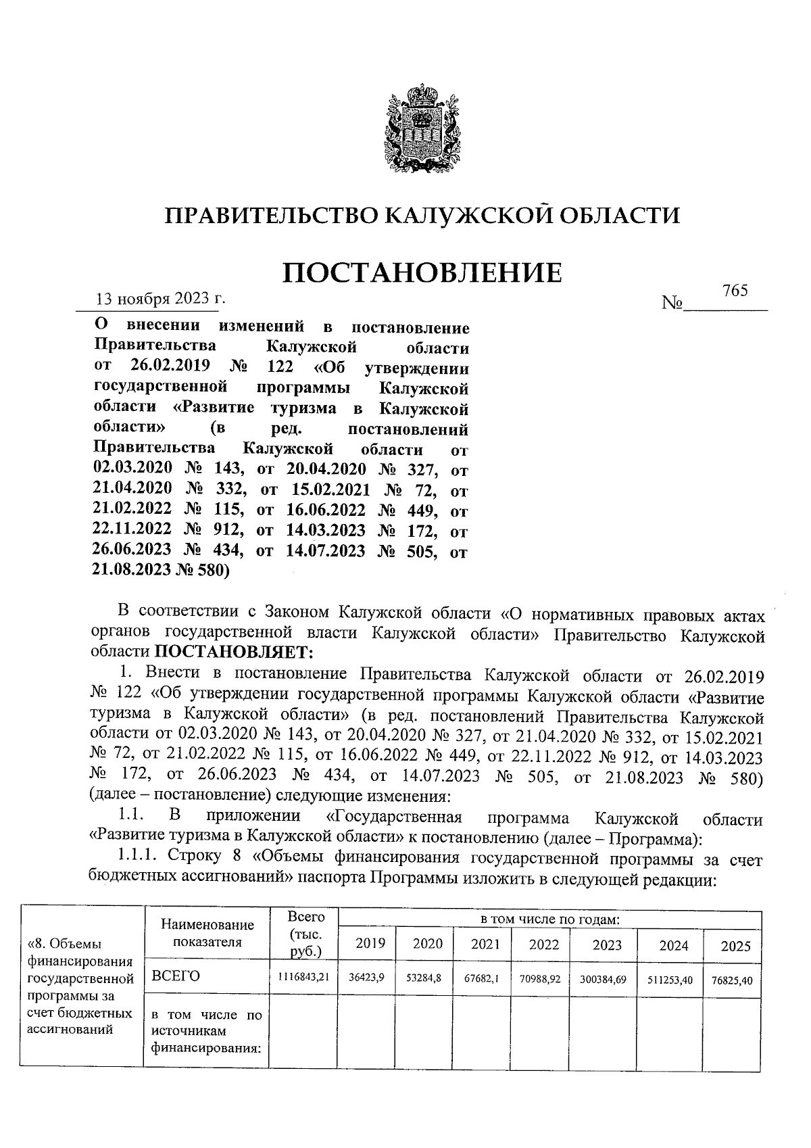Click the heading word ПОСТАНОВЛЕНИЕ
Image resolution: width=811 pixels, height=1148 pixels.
pyautogui.click(x=422, y=272)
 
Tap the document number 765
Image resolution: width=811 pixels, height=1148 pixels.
pyautogui.click(x=735, y=291)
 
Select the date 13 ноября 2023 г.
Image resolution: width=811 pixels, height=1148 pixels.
pyautogui.click(x=160, y=298)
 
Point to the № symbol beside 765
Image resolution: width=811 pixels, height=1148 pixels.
pyautogui.click(x=673, y=303)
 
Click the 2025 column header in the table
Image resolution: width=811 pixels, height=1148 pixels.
pyautogui.click(x=735, y=946)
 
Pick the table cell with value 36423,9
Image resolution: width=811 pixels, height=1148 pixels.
pyautogui.click(x=366, y=977)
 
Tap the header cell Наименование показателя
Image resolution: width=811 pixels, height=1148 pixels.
pyautogui.click(x=207, y=934)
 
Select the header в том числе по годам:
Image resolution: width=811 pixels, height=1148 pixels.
pyautogui.click(x=549, y=919)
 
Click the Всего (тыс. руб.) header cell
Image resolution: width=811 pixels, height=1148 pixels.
pyautogui.click(x=305, y=934)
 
